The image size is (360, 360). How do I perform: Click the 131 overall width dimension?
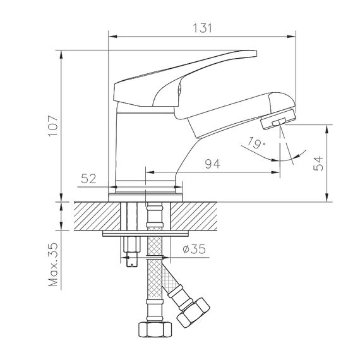[202, 28]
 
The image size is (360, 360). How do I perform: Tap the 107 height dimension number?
[53, 126]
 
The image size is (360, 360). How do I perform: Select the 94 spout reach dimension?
[212, 164]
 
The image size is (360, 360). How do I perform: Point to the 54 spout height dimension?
[318, 164]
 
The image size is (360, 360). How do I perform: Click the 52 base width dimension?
[88, 179]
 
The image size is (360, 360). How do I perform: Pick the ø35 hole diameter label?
[194, 249]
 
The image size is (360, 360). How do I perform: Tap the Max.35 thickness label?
[53, 264]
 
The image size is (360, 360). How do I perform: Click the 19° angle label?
[256, 143]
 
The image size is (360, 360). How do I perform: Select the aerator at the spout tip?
[279, 119]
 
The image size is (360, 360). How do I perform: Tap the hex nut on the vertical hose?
[155, 330]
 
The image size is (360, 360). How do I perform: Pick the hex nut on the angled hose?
[193, 313]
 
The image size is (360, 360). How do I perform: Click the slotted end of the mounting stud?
[132, 259]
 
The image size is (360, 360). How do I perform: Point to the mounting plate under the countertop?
[145, 234]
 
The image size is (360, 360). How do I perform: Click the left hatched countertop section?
[97, 216]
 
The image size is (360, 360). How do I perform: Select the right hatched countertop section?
[194, 216]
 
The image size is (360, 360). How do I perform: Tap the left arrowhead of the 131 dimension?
[112, 36]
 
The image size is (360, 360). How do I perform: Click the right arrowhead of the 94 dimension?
[275, 172]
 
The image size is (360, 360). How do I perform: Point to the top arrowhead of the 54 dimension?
[327, 129]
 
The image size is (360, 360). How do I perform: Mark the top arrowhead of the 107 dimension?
[61, 55]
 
